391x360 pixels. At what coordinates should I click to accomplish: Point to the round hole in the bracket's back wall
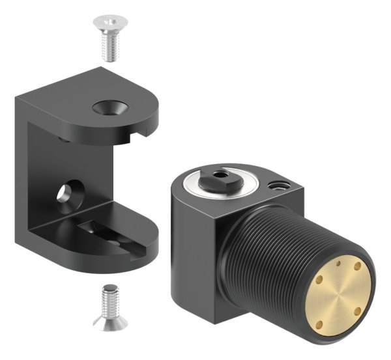66,193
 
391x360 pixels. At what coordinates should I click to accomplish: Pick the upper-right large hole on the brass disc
358,268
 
